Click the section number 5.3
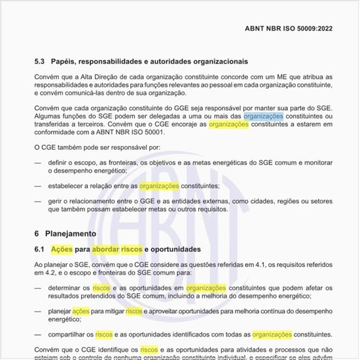(39, 62)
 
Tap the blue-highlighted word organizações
(264, 117)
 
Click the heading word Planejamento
(71, 234)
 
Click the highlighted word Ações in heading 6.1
(62, 250)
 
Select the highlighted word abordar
(106, 250)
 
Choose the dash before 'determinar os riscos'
(38, 288)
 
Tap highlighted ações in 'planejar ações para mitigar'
(81, 312)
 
